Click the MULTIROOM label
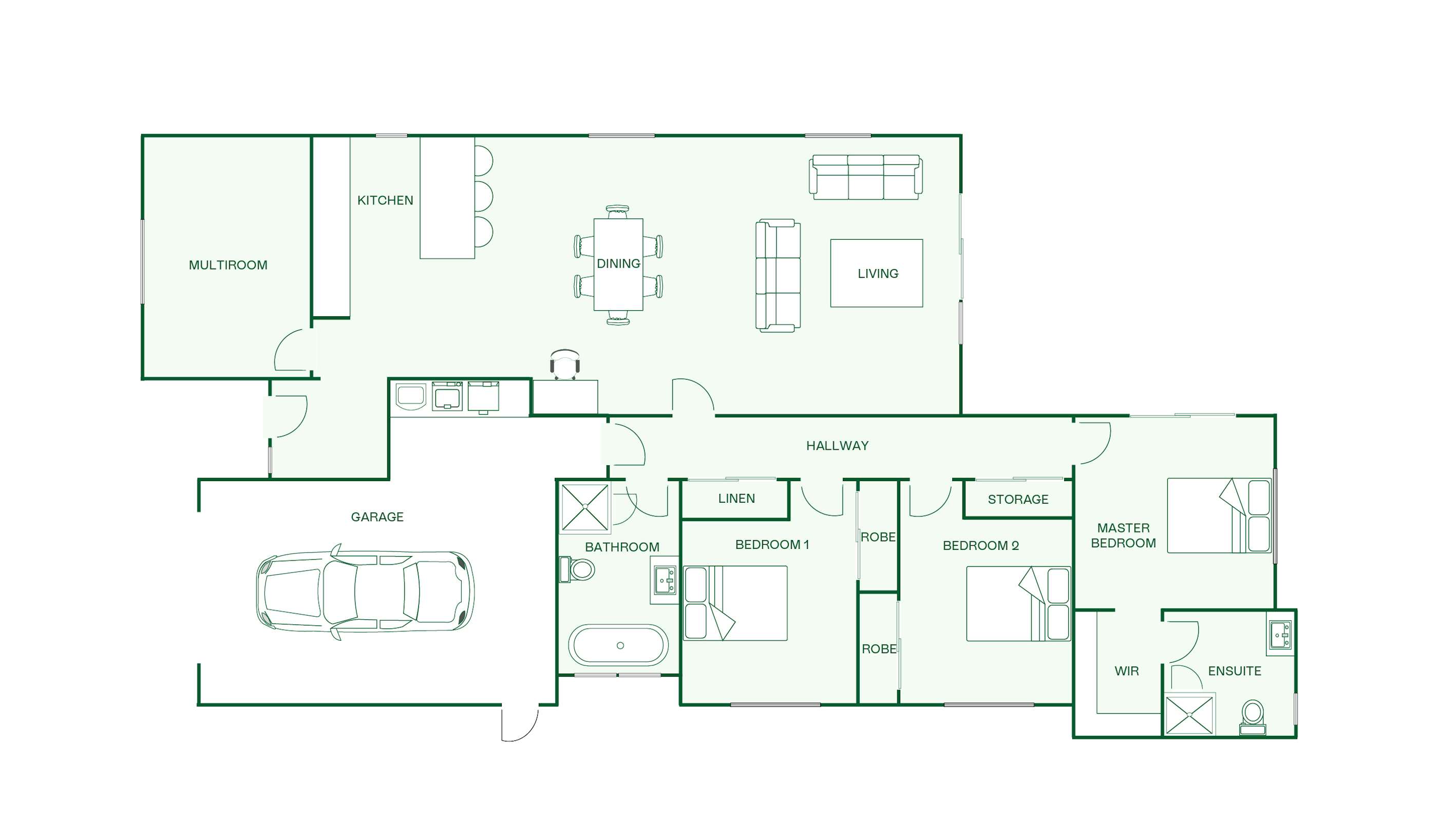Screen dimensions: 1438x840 [228, 265]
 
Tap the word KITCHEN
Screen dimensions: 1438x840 [385, 200]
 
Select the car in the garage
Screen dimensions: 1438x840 [365, 593]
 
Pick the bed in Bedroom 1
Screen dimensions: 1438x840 [735, 603]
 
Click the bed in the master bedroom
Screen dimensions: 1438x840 [1219, 516]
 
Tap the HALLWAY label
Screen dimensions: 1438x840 [837, 446]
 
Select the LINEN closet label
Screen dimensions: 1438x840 [736, 499]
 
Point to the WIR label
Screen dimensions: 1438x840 [1126, 671]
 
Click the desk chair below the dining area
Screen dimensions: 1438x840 [565, 364]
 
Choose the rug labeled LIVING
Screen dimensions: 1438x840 [877, 273]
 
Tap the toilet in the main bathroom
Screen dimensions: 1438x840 [577, 569]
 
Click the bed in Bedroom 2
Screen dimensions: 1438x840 [1018, 604]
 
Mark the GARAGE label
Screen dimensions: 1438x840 [377, 517]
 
